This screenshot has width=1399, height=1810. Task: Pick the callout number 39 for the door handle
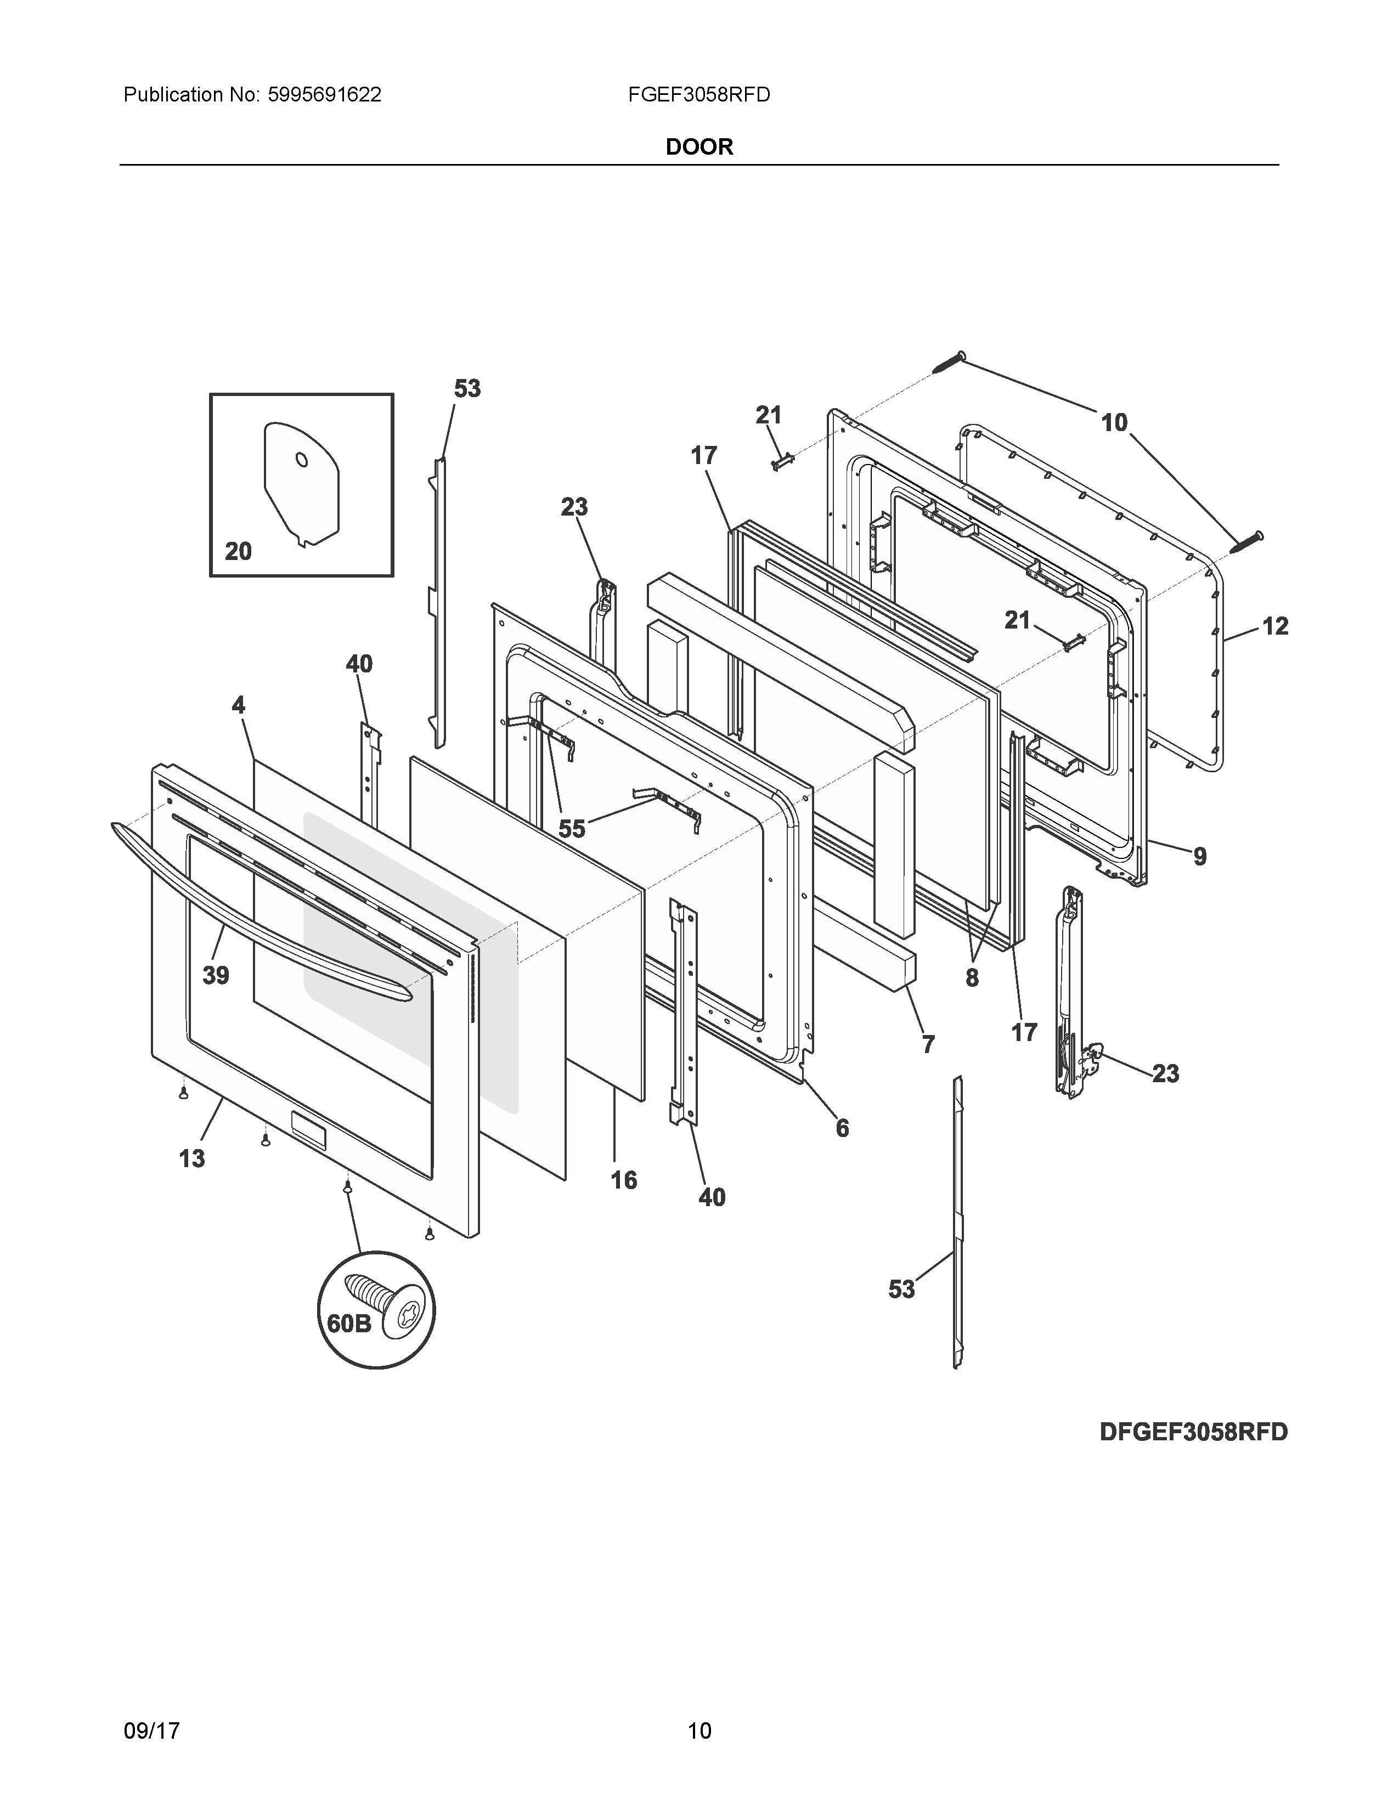(x=216, y=975)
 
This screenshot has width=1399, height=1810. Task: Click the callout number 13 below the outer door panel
(x=191, y=1158)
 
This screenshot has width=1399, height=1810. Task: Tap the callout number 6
(x=842, y=1128)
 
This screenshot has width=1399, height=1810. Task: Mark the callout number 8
(x=972, y=978)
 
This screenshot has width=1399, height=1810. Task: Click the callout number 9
(x=1199, y=856)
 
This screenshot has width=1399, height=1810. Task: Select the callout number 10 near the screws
(x=1114, y=423)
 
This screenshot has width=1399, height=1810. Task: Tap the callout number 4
(x=238, y=705)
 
